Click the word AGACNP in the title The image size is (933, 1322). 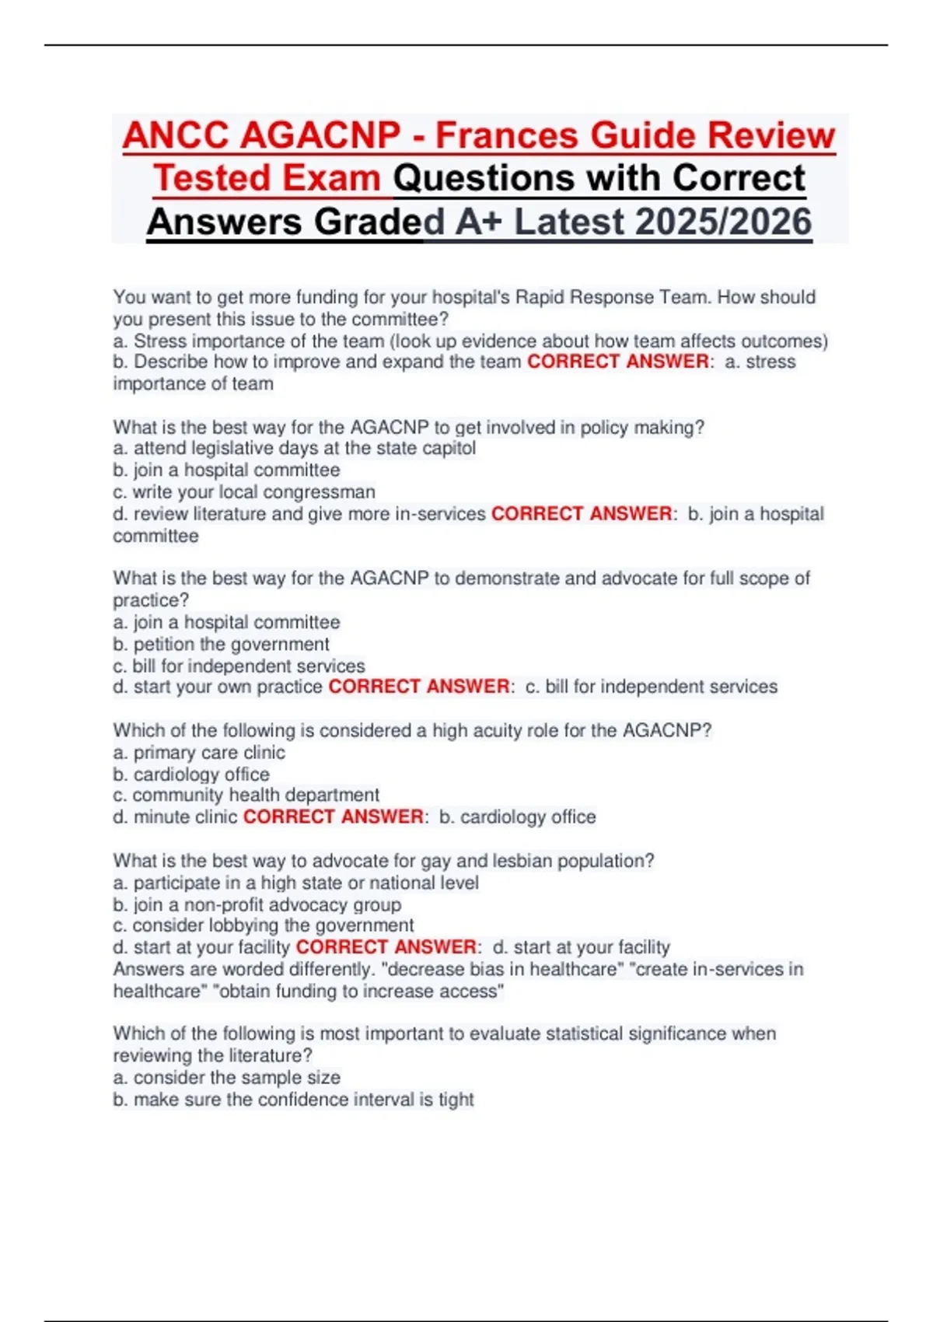320,135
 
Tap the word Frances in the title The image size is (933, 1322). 507,135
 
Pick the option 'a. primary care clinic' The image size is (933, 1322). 199,753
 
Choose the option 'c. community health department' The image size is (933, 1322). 246,796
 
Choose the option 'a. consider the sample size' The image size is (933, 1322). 227,1078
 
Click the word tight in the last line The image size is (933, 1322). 456,1100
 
